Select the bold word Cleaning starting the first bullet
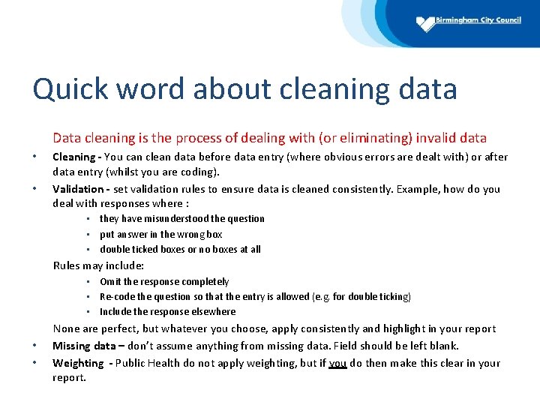73,157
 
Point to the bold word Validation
77,189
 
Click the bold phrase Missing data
82,346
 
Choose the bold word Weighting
78,363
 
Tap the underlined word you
337,363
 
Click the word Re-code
116,297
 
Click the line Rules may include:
98,265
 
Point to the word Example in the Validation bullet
417,189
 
